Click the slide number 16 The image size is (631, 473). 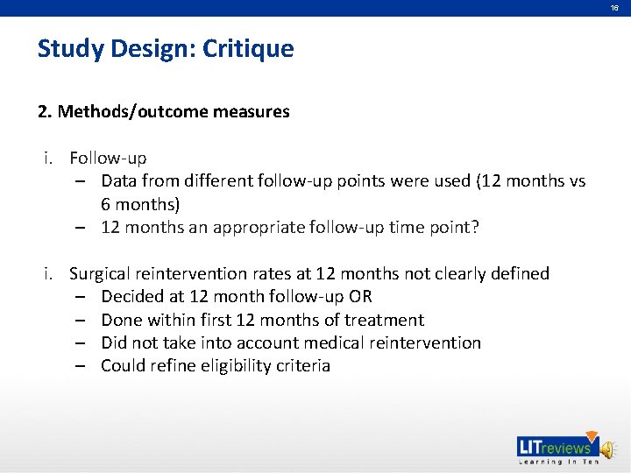(614, 8)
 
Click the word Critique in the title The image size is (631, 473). (248, 48)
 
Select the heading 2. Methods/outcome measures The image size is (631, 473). (163, 111)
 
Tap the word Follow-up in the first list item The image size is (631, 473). (108, 159)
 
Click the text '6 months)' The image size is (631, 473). (140, 204)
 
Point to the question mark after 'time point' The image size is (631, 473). (475, 228)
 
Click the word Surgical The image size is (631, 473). (102, 273)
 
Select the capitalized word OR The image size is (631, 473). (360, 297)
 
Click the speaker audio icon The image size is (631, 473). (609, 448)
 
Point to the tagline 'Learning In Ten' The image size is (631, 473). (558, 462)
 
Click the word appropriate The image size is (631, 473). (258, 228)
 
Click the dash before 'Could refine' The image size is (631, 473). (80, 365)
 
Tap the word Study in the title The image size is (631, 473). (69, 48)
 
